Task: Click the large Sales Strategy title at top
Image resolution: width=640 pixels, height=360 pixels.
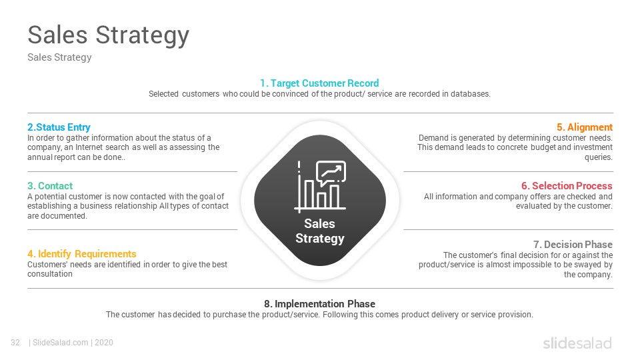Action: pyautogui.click(x=108, y=35)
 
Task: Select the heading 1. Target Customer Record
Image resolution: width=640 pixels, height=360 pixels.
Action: pyautogui.click(x=319, y=83)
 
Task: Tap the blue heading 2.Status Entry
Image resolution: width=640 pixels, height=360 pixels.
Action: pyautogui.click(x=59, y=127)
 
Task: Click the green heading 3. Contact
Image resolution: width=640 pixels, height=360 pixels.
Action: pyautogui.click(x=50, y=186)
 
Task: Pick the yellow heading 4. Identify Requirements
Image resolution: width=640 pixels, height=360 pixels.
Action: pyautogui.click(x=81, y=254)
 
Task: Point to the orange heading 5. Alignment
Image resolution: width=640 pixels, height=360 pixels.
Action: pyautogui.click(x=585, y=127)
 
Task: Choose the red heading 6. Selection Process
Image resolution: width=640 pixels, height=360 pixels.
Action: pyautogui.click(x=567, y=186)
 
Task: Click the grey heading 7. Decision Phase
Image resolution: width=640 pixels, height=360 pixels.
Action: pyautogui.click(x=573, y=245)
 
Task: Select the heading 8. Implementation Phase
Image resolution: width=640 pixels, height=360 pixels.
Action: pyautogui.click(x=319, y=304)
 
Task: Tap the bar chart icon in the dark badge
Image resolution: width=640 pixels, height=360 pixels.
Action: pyautogui.click(x=320, y=187)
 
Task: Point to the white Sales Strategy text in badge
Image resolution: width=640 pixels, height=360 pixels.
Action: pyautogui.click(x=320, y=231)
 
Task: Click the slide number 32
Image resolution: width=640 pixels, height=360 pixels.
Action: pyautogui.click(x=15, y=343)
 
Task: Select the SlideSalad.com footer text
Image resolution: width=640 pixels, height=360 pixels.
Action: pyautogui.click(x=61, y=343)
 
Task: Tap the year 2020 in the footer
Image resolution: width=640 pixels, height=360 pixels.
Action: pyautogui.click(x=104, y=343)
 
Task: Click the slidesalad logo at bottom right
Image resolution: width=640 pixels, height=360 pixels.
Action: pyautogui.click(x=577, y=343)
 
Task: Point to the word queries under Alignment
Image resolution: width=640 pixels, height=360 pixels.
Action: pyautogui.click(x=599, y=157)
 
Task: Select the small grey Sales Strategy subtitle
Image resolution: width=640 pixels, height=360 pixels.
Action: pyautogui.click(x=59, y=57)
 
